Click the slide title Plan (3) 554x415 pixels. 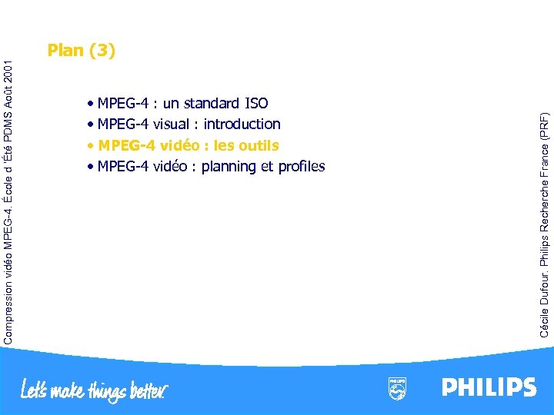[81, 51]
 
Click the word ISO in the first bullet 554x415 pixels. [255, 103]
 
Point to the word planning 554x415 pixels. [229, 167]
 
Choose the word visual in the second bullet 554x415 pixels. [173, 124]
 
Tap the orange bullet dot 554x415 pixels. [91, 146]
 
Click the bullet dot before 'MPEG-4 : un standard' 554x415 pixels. [91, 104]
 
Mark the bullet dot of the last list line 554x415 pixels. [91, 168]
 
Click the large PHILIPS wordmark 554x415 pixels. [489, 387]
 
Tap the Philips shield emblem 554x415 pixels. [397, 389]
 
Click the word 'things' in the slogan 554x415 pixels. [103, 392]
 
